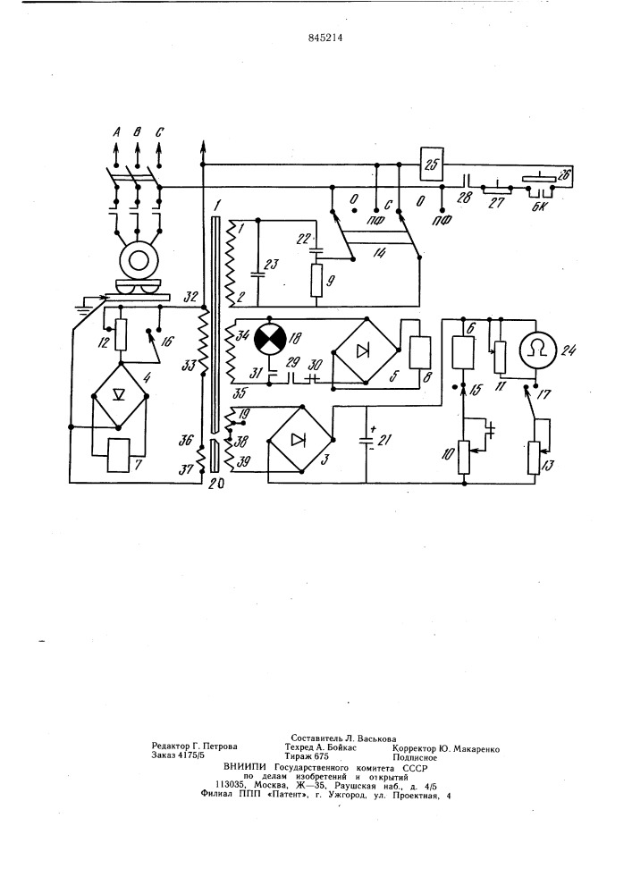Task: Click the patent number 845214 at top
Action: tap(324, 39)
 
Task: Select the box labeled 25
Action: tap(432, 164)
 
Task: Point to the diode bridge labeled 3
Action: tap(299, 439)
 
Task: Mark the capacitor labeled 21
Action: tap(366, 440)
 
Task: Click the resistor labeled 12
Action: tap(121, 334)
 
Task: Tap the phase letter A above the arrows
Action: tap(116, 133)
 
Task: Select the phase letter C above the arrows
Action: tap(159, 133)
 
